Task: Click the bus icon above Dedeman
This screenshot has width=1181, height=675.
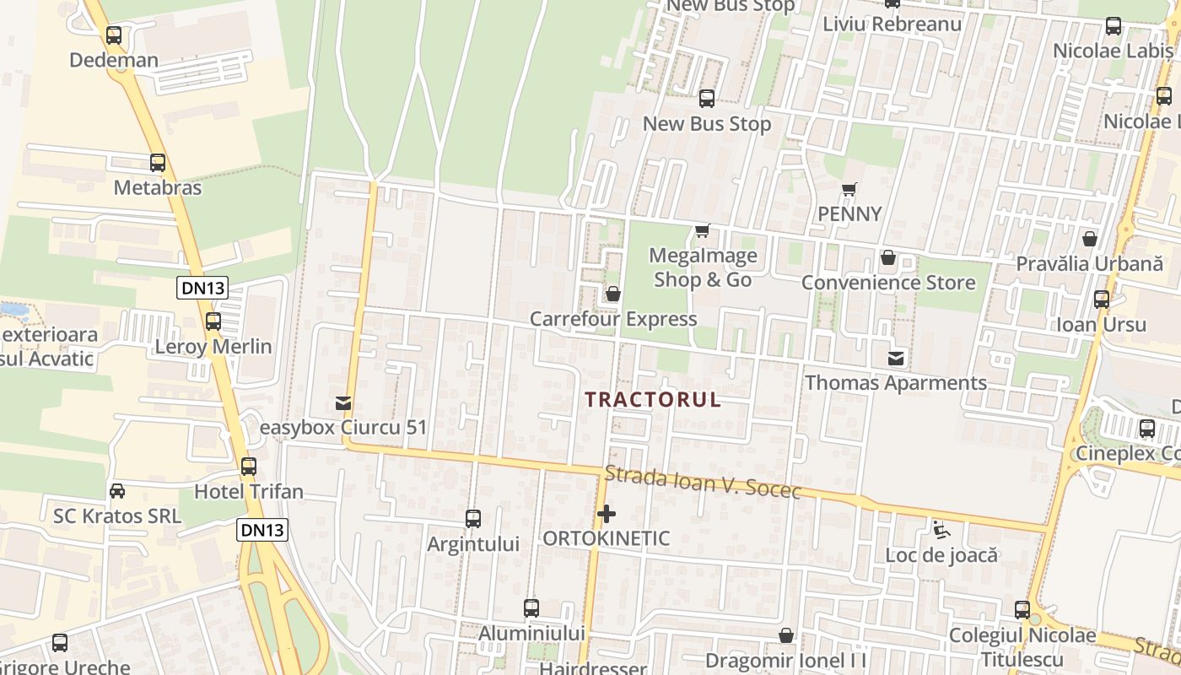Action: coord(114,35)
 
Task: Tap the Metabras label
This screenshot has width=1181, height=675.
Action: coord(158,187)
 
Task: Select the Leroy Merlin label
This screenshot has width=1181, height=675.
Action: coord(213,346)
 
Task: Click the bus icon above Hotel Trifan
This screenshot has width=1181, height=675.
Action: coord(249,466)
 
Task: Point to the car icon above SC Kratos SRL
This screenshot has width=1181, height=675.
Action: coord(117,490)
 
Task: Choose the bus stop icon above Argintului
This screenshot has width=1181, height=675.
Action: coord(473,519)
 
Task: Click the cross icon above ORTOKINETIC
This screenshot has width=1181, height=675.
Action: coord(607,513)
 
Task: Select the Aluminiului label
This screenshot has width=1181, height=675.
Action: coord(531,633)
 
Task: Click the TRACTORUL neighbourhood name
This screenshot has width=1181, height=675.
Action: coord(654,399)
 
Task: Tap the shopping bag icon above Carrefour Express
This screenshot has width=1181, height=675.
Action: coord(613,294)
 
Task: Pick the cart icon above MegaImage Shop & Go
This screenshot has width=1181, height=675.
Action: coord(702,230)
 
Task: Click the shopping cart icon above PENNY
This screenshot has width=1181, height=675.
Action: coord(849,189)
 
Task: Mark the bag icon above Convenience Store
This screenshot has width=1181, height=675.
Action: coord(887,257)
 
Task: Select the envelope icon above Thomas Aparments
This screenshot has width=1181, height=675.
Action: coord(896,359)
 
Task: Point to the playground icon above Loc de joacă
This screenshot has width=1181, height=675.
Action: coord(941,530)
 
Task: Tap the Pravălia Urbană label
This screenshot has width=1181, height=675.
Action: coord(1089,263)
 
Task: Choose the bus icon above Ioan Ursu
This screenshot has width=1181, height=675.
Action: coord(1101,300)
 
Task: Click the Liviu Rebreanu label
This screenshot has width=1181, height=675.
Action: coord(892,24)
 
